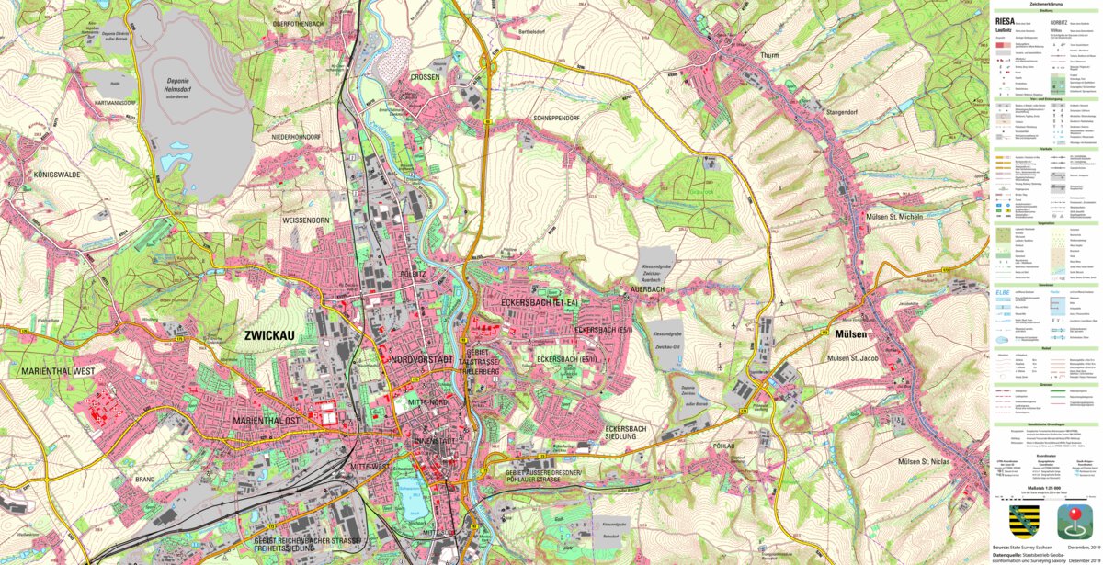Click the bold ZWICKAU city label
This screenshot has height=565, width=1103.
point(269,336)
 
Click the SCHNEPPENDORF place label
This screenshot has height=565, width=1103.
point(556,119)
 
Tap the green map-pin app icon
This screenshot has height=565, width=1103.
point(1073,521)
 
